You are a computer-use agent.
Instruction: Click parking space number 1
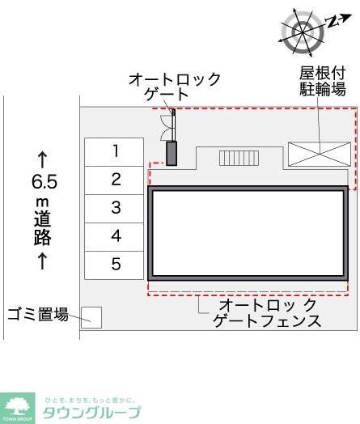click(x=116, y=151)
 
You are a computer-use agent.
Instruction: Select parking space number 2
click(x=116, y=179)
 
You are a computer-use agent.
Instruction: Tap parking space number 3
click(x=116, y=207)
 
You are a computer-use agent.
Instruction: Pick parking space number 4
click(x=116, y=235)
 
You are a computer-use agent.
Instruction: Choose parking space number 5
click(x=116, y=264)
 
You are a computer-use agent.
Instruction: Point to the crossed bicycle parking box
click(x=320, y=153)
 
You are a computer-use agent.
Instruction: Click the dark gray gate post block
click(x=172, y=153)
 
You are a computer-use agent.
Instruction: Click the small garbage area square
click(x=91, y=317)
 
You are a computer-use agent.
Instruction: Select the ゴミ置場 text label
click(x=38, y=315)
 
